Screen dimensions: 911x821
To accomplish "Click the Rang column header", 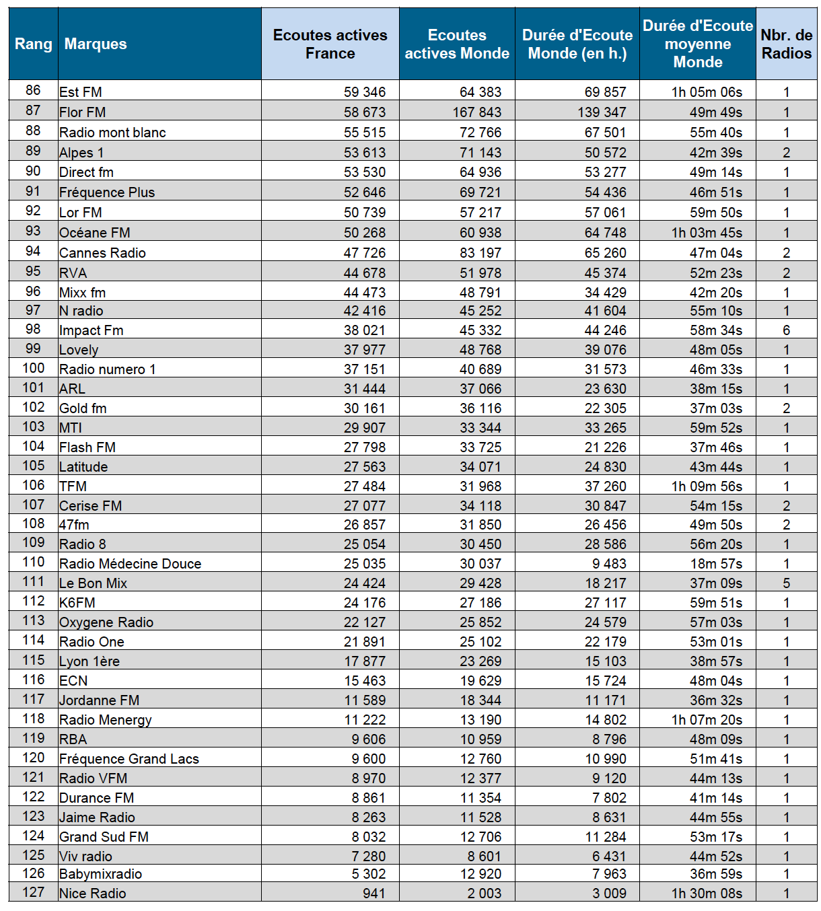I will point(33,44).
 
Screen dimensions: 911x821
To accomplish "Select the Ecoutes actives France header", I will point(330,44).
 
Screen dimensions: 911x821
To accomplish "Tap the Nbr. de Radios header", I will point(786,44).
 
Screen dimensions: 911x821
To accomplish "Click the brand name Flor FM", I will point(83,112).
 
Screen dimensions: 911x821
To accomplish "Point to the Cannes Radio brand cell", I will point(102,253).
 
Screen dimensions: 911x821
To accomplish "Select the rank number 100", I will point(33,369).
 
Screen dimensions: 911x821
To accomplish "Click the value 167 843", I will point(476,112).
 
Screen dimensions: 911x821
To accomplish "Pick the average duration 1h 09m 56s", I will point(707,486).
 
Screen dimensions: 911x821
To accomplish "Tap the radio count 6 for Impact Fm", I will point(786,330).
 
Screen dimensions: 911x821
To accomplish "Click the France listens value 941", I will point(373,894).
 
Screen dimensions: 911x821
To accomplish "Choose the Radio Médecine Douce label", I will point(130,564).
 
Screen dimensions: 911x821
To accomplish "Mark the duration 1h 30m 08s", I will point(707,894).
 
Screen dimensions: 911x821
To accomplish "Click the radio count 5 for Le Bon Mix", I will point(786,583).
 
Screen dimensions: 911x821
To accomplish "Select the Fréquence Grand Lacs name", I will point(129,759).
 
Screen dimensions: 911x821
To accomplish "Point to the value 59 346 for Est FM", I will point(365,92).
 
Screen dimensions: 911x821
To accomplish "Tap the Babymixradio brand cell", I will point(101,874).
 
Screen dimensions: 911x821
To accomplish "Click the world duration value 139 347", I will point(602,112).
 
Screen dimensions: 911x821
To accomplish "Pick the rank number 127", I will point(33,893).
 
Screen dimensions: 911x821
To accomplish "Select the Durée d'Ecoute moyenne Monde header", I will point(698,44).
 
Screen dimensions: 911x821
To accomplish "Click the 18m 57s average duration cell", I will point(716,564).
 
